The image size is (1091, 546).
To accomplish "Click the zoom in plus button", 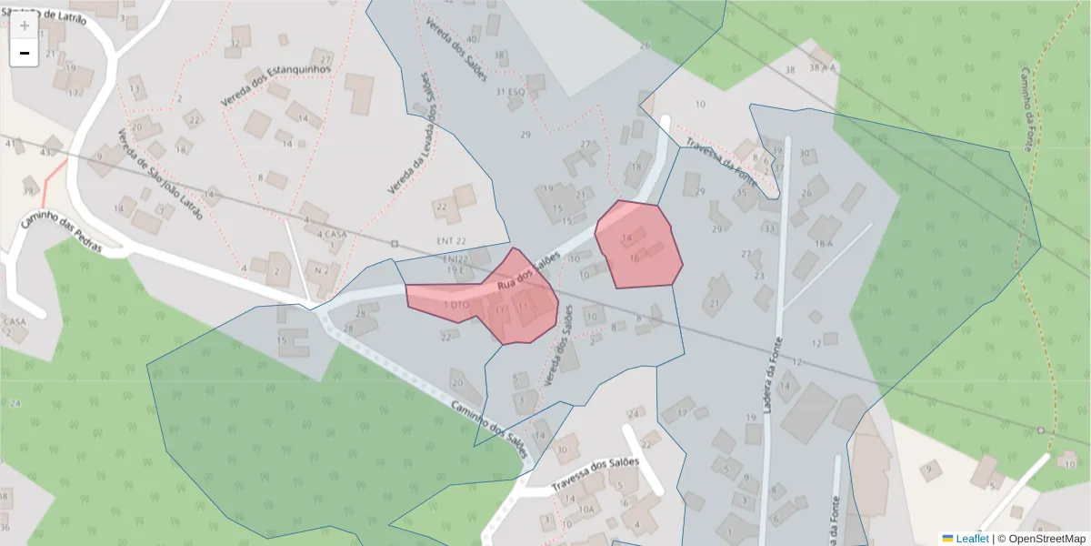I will (x=25, y=25).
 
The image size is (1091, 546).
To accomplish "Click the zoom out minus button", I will (x=25, y=53).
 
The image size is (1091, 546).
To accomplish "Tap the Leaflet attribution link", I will (x=972, y=539).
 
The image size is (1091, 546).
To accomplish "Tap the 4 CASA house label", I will (x=333, y=234).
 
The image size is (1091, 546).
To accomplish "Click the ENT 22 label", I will (x=452, y=240).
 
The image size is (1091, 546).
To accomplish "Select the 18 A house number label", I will (x=824, y=244).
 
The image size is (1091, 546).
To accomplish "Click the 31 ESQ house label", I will (x=510, y=92).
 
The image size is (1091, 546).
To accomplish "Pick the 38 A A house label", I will (x=823, y=67).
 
